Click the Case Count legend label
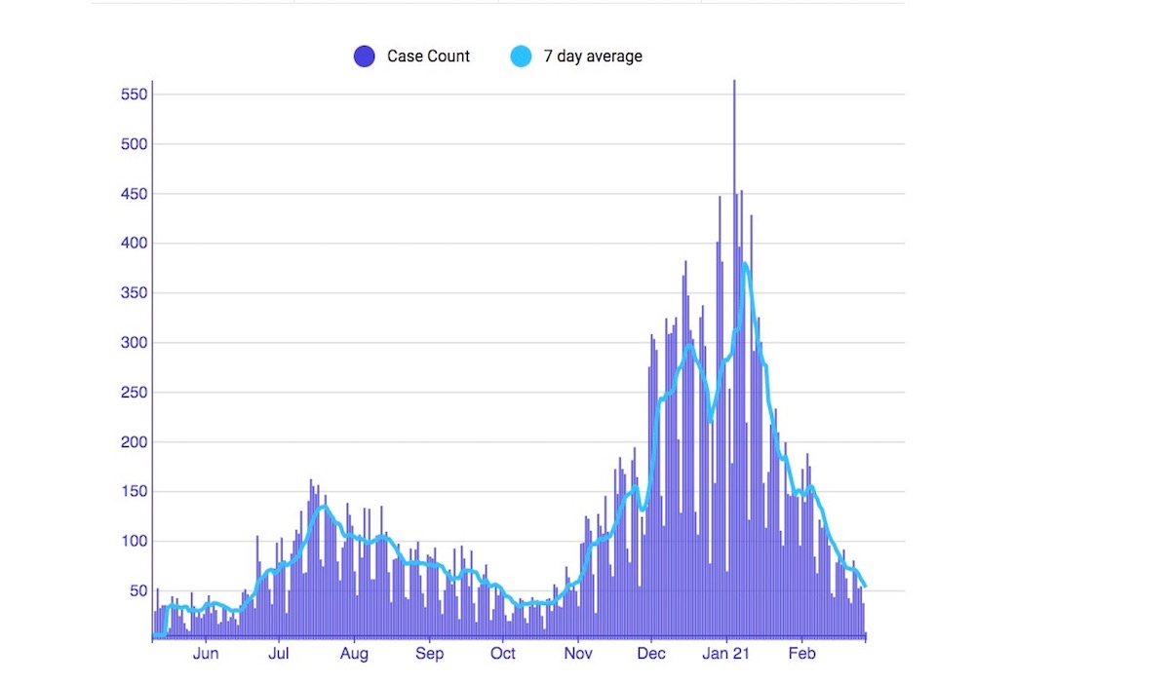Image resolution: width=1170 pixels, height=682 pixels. (x=428, y=57)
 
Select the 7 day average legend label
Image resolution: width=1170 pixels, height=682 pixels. (x=593, y=57)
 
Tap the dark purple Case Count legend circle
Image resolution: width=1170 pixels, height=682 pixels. (x=365, y=57)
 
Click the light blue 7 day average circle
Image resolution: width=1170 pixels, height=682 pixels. (x=521, y=57)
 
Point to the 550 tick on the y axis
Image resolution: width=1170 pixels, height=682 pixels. (x=135, y=95)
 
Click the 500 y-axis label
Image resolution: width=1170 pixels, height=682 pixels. (x=135, y=144)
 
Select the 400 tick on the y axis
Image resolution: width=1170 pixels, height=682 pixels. (x=135, y=244)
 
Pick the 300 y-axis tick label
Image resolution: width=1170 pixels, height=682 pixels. (x=135, y=343)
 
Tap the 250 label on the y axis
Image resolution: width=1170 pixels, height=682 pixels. (x=135, y=393)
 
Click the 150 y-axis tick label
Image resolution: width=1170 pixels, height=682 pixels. (x=135, y=492)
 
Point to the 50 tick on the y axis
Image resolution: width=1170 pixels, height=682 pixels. (x=138, y=591)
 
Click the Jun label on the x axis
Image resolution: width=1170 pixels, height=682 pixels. (x=206, y=654)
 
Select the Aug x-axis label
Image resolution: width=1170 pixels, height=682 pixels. (x=354, y=654)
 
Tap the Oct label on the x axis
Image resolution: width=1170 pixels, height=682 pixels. (x=503, y=654)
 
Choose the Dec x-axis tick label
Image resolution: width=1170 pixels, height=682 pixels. (x=652, y=654)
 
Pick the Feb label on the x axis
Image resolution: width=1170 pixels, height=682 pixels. (x=801, y=654)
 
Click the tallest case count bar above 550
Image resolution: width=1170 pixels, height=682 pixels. (x=734, y=88)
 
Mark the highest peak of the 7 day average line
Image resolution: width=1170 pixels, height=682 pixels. (x=744, y=263)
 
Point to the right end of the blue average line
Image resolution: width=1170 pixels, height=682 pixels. (x=865, y=586)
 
